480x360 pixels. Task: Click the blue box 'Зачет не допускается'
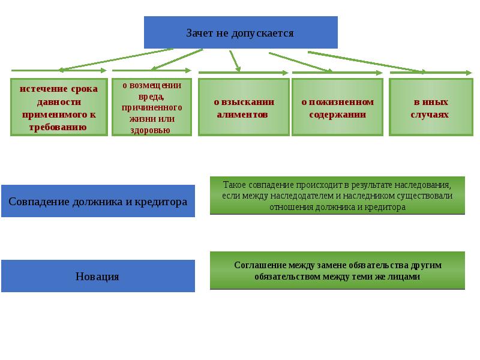click(241, 32)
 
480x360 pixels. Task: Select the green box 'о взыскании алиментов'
click(244, 107)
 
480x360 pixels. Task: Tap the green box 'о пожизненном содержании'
click(337, 107)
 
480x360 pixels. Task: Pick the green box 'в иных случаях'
click(430, 107)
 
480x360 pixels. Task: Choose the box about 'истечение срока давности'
click(59, 107)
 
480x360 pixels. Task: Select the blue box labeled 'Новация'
click(98, 276)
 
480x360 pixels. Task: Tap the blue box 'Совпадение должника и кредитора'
click(98, 201)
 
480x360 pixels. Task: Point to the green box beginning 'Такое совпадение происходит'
click(337, 196)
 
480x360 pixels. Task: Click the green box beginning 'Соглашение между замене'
click(337, 271)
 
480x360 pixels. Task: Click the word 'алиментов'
click(243, 114)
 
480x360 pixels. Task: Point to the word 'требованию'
click(59, 127)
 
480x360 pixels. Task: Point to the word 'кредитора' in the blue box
click(165, 202)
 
